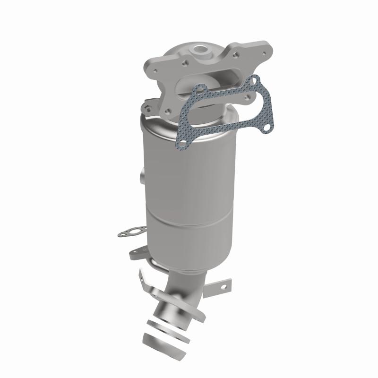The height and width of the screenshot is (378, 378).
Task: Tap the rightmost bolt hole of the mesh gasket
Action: point(267,127)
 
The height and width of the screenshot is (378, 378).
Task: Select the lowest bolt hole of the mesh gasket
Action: point(180,140)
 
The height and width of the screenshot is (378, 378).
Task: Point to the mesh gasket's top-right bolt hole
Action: point(256,82)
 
